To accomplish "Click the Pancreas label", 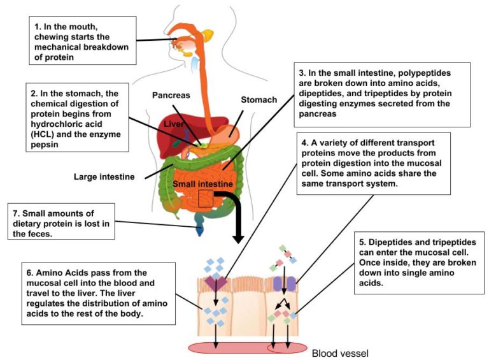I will [171, 95].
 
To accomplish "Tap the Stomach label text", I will [259, 100].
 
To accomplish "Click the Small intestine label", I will [206, 184].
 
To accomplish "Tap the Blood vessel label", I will [339, 352].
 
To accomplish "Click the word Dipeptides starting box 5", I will [390, 241].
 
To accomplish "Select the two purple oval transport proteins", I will [285, 284].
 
